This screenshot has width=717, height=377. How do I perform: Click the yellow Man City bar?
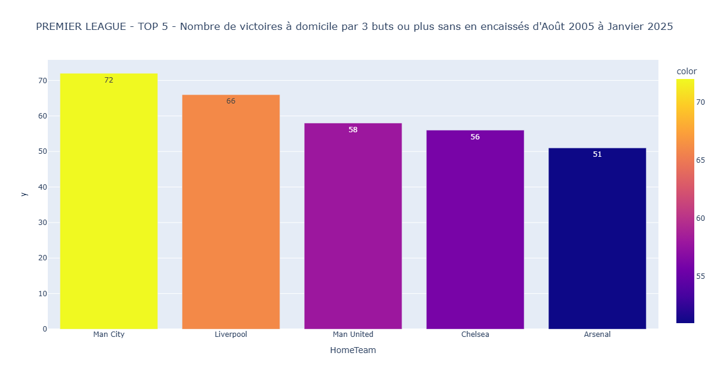109,203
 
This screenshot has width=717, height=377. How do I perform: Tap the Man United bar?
353,227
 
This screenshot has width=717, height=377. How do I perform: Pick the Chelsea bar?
475,230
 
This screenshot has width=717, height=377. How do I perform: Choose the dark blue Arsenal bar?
597,239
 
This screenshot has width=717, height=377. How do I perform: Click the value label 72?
109,80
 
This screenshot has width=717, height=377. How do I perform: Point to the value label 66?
231,101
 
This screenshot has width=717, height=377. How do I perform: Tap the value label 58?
353,130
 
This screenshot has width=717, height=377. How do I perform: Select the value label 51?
597,154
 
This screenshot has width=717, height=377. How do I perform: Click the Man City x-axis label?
109,335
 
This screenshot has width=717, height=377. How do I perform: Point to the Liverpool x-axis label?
231,335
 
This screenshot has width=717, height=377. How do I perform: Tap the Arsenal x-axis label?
597,335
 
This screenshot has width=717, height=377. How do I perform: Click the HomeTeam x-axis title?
353,351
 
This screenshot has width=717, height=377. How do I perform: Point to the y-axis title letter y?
24,194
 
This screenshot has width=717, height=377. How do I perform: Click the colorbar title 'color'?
687,72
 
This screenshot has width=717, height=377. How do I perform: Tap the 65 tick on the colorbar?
700,160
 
